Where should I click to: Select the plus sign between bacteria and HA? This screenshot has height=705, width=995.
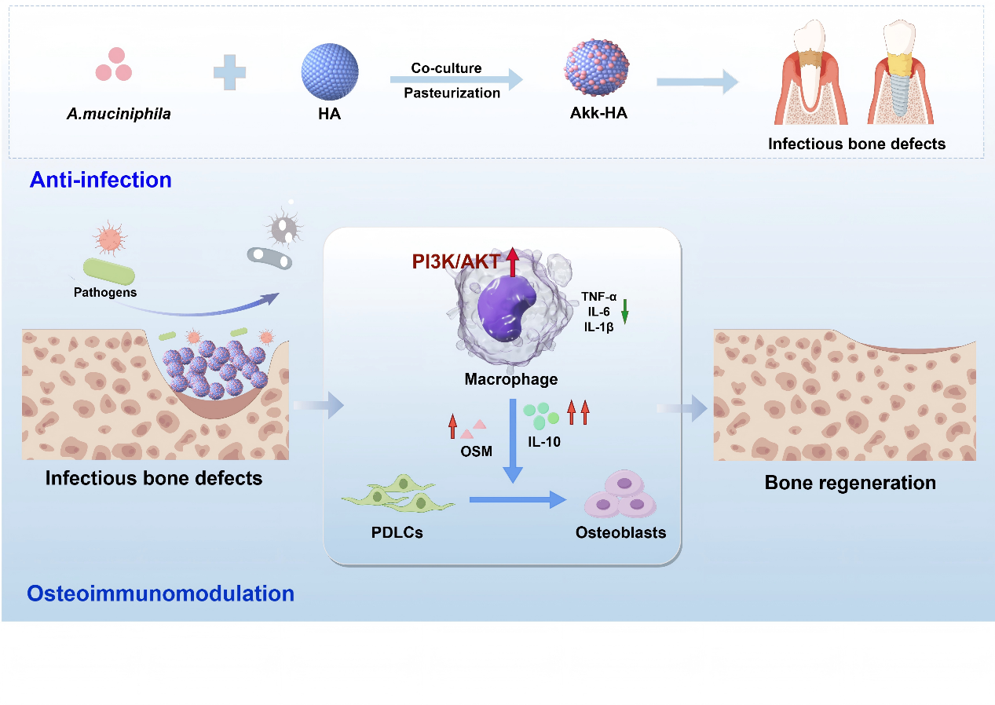tap(229, 72)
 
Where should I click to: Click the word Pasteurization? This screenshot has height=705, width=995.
tap(452, 93)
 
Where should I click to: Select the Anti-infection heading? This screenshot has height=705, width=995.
tap(101, 180)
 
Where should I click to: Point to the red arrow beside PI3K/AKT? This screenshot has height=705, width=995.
tap(512, 262)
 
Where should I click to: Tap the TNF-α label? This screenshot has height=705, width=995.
tap(599, 297)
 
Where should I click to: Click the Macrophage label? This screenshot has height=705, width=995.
tap(510, 379)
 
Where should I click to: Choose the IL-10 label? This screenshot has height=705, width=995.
tap(544, 441)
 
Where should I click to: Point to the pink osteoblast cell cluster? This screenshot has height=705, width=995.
tap(620, 497)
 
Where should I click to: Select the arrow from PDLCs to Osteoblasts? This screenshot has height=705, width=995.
tap(518, 499)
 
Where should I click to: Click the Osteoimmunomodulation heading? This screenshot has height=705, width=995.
tap(161, 594)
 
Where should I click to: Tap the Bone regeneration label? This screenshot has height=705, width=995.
tap(850, 482)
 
